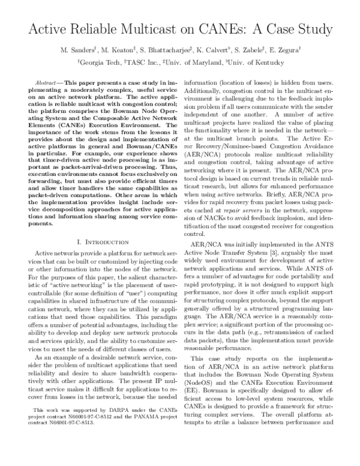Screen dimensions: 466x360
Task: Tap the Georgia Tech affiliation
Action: (99, 61)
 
